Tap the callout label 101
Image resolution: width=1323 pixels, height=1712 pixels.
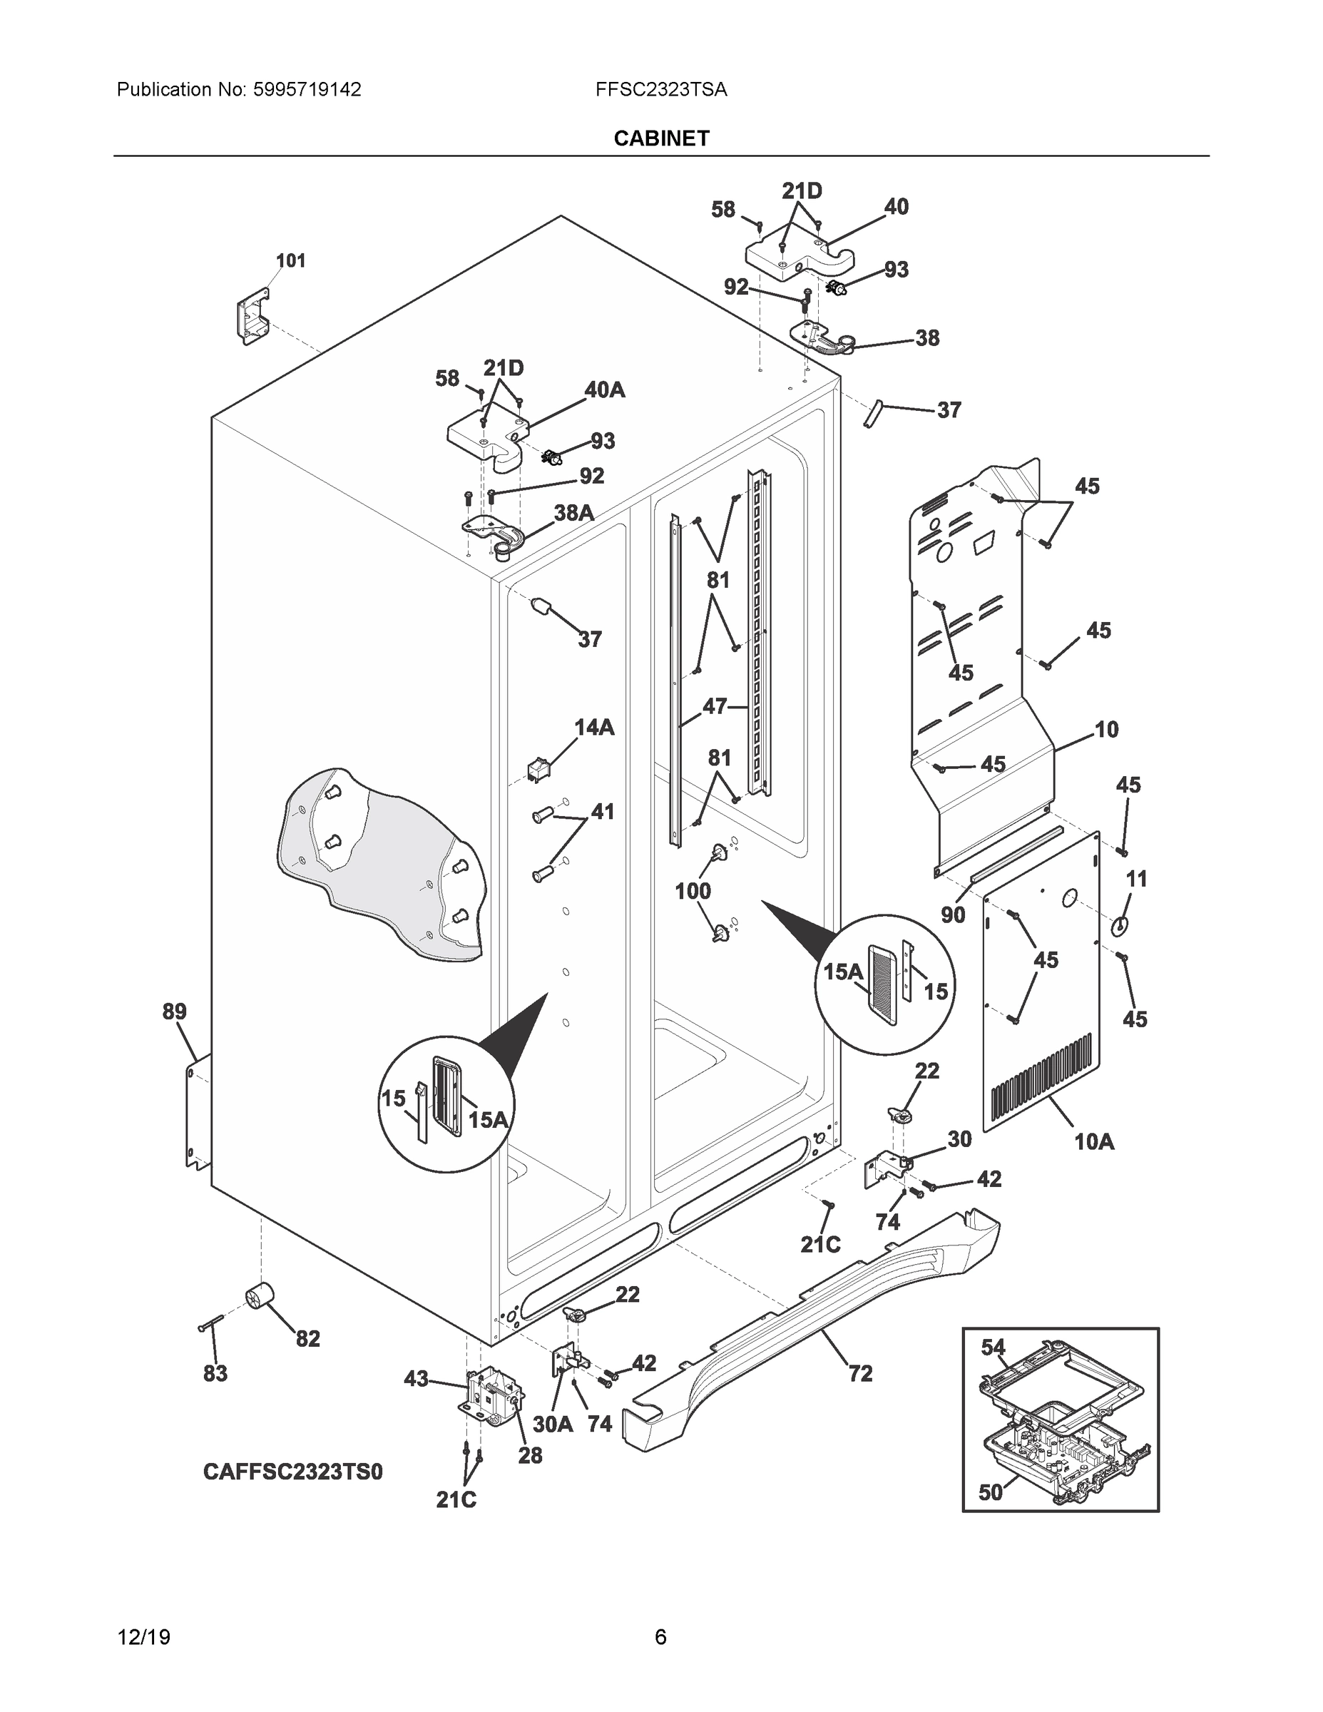(291, 260)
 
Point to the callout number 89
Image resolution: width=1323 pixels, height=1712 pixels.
(175, 1012)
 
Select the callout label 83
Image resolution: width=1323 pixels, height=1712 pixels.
(215, 1372)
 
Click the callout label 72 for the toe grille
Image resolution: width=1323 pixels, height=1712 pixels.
(860, 1372)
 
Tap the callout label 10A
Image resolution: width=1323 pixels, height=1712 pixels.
(1093, 1142)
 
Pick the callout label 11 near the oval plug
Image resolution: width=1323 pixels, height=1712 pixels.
(1135, 879)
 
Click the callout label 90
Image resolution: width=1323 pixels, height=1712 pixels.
(952, 914)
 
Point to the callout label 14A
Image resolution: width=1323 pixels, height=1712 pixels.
(594, 728)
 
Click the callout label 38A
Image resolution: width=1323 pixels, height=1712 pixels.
(573, 513)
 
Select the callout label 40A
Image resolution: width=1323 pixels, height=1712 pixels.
(604, 389)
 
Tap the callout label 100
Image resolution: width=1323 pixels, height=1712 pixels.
(693, 890)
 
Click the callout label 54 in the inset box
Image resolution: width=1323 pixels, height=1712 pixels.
(992, 1347)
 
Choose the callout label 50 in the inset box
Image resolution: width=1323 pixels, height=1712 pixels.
(991, 1492)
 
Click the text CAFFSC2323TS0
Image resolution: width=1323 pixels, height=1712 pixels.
(292, 1472)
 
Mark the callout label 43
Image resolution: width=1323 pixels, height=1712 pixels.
(417, 1378)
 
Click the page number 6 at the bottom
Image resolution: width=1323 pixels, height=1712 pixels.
(660, 1637)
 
